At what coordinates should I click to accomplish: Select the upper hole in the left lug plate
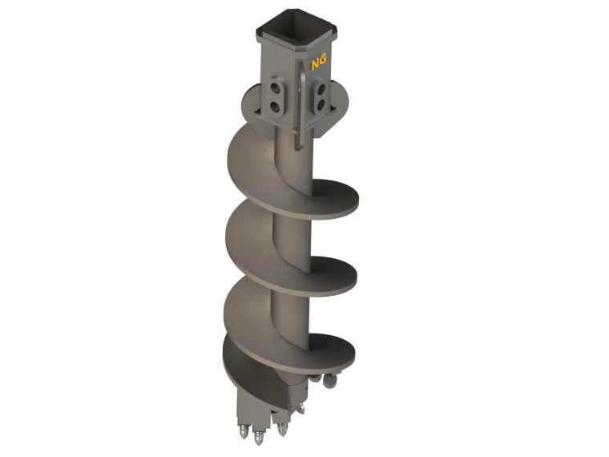point(278,87)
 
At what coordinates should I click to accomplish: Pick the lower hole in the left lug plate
point(277,103)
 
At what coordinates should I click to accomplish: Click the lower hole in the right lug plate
point(322,100)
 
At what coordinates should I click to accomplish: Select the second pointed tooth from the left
point(264,438)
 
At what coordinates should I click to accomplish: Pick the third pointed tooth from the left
point(284,433)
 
